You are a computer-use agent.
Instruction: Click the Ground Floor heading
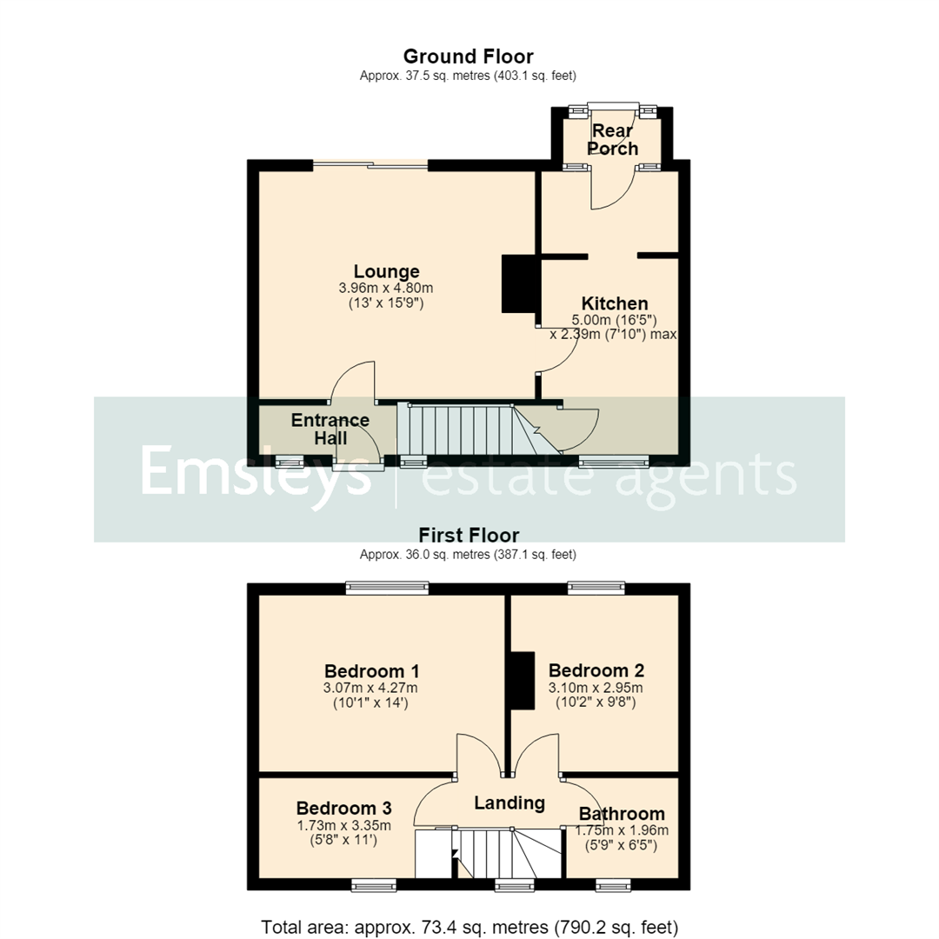(x=469, y=57)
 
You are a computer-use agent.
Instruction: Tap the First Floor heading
(x=469, y=535)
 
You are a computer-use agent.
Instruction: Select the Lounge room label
(x=386, y=272)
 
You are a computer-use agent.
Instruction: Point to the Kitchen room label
(x=615, y=303)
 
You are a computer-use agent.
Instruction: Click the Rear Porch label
(x=613, y=139)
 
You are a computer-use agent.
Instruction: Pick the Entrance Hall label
(x=330, y=429)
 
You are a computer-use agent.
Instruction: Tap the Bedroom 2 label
(x=596, y=670)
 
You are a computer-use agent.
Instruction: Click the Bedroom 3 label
(x=343, y=809)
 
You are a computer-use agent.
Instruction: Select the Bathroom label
(x=622, y=814)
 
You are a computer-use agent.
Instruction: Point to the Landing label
(x=509, y=803)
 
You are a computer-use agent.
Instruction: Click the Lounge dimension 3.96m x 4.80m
(x=386, y=288)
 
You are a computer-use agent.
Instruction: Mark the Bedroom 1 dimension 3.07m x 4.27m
(x=370, y=688)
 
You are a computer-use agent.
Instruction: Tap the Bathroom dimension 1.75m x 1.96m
(x=622, y=830)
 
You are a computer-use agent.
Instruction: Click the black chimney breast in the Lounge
(x=518, y=283)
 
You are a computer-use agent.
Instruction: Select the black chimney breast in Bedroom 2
(x=522, y=681)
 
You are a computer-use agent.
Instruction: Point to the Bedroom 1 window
(x=388, y=588)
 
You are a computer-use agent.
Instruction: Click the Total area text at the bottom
(x=469, y=927)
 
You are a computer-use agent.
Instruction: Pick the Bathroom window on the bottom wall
(x=613, y=885)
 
